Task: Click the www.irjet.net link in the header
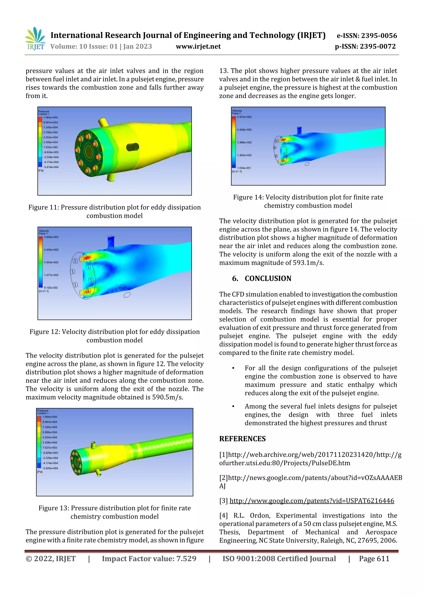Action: point(198,47)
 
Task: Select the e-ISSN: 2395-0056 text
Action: point(366,36)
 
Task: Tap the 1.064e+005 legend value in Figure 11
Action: point(51,117)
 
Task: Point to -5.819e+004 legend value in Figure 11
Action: point(51,167)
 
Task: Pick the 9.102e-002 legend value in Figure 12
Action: point(51,288)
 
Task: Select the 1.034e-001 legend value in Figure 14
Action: point(244,168)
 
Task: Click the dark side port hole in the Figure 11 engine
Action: point(132,147)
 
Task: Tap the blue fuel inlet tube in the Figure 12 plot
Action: point(111,242)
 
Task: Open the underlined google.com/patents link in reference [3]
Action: point(311,501)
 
